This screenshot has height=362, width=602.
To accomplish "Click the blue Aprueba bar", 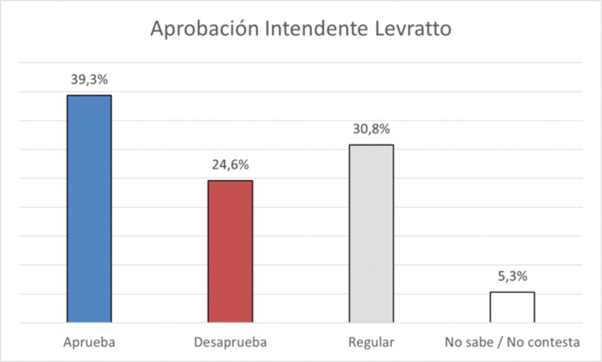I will (x=89, y=208).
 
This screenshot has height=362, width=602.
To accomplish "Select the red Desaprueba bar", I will (x=230, y=251).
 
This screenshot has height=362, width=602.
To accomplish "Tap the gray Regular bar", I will (x=371, y=233).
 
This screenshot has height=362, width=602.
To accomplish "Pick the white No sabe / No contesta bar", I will (x=512, y=307).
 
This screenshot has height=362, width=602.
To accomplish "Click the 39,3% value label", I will (x=89, y=80).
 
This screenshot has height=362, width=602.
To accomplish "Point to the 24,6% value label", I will (x=230, y=165).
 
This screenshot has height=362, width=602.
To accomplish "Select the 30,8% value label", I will (x=371, y=129).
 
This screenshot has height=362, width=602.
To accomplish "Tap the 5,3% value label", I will (x=512, y=276).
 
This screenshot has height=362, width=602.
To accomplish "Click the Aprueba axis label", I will (x=89, y=343).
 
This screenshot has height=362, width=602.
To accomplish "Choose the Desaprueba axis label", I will (x=230, y=343).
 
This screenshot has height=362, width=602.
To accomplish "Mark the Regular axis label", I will (x=371, y=343).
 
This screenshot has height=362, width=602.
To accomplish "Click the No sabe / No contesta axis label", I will (x=512, y=343).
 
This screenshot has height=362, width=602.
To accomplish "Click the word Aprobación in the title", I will (x=204, y=29).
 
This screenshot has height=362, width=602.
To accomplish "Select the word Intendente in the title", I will (x=316, y=28).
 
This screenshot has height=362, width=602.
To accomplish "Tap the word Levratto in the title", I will (x=413, y=28).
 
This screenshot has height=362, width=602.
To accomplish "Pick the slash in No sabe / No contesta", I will (x=500, y=343).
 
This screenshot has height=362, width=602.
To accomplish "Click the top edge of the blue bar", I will (x=89, y=96).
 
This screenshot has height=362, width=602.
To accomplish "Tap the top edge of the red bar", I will (x=230, y=181).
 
